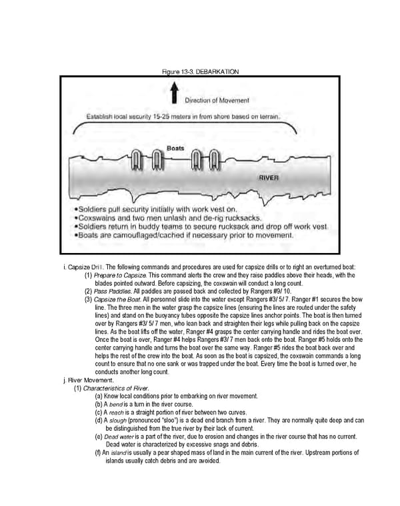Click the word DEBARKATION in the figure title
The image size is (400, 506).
click(216, 71)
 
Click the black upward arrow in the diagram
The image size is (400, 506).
click(174, 92)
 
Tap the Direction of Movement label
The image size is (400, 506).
click(218, 101)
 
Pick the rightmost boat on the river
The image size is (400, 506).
click(214, 160)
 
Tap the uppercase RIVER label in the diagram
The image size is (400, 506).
click(271, 178)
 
